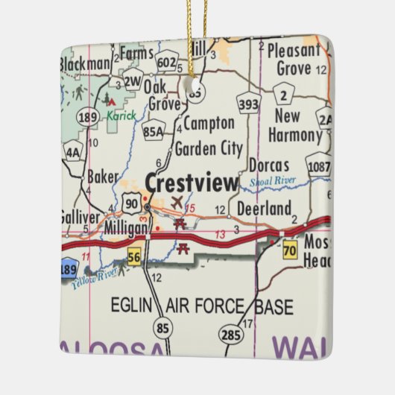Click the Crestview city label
(x=192, y=183)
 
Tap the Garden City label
(x=208, y=148)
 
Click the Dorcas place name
(x=268, y=165)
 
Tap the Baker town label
(x=103, y=177)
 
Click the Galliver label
(x=78, y=217)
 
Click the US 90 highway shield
(x=132, y=202)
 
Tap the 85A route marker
(x=154, y=131)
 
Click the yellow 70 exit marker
(x=290, y=250)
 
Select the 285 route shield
(x=232, y=334)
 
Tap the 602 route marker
(x=168, y=63)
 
